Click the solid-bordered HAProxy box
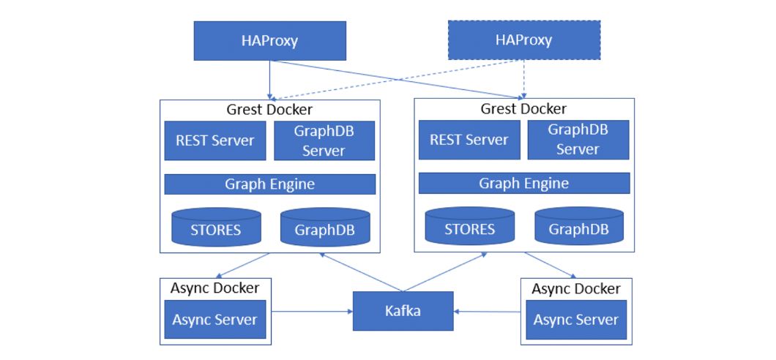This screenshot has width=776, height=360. click(269, 40)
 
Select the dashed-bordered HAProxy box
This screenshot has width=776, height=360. click(523, 40)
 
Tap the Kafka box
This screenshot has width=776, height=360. click(403, 311)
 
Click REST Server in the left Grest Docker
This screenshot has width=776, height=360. click(214, 140)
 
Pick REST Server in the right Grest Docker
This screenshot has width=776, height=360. click(469, 140)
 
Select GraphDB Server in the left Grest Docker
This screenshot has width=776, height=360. click(324, 140)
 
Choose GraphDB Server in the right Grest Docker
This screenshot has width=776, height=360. click(578, 140)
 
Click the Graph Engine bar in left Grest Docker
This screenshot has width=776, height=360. click(269, 184)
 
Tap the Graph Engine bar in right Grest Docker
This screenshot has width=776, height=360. click(523, 183)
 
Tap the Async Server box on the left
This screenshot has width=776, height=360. click(214, 320)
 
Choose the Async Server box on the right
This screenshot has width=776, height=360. click(575, 320)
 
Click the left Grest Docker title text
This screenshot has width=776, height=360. click(269, 110)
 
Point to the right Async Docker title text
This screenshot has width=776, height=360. click(576, 288)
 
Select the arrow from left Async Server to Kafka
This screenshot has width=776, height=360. click(311, 312)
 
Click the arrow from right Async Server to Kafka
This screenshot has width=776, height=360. click(489, 312)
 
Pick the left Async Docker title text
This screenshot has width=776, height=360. click(214, 288)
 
